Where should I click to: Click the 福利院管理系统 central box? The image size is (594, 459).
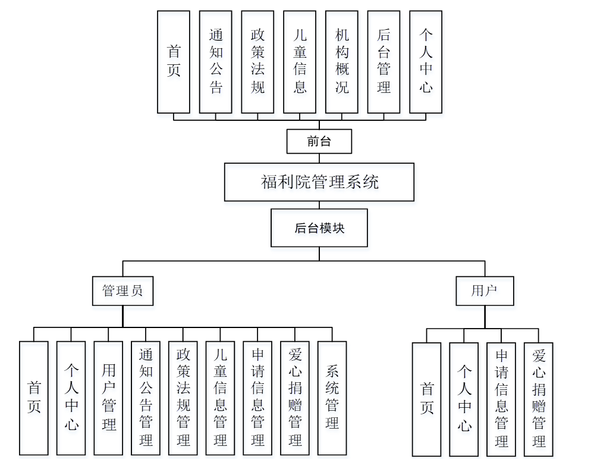319,182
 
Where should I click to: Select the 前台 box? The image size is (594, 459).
319,142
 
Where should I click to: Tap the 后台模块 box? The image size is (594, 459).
319,227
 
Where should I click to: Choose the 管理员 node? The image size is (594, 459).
122,291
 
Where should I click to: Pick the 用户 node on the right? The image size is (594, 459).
484,291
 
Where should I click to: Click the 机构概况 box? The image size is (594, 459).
342,61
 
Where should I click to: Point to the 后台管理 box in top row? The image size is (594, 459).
384,61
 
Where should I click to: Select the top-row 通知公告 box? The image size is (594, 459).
216,61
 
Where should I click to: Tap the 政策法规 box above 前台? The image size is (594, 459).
257,61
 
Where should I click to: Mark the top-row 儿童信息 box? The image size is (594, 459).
300,61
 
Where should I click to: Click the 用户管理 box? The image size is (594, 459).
108,398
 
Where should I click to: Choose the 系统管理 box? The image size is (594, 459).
332,398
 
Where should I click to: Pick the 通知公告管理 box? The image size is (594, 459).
146,398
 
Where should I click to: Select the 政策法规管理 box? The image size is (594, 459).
183,398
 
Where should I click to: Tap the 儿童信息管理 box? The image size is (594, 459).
220,398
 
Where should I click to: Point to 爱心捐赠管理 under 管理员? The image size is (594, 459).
295,398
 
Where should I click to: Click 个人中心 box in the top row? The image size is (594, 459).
426,61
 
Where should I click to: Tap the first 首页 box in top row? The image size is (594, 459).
174,61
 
